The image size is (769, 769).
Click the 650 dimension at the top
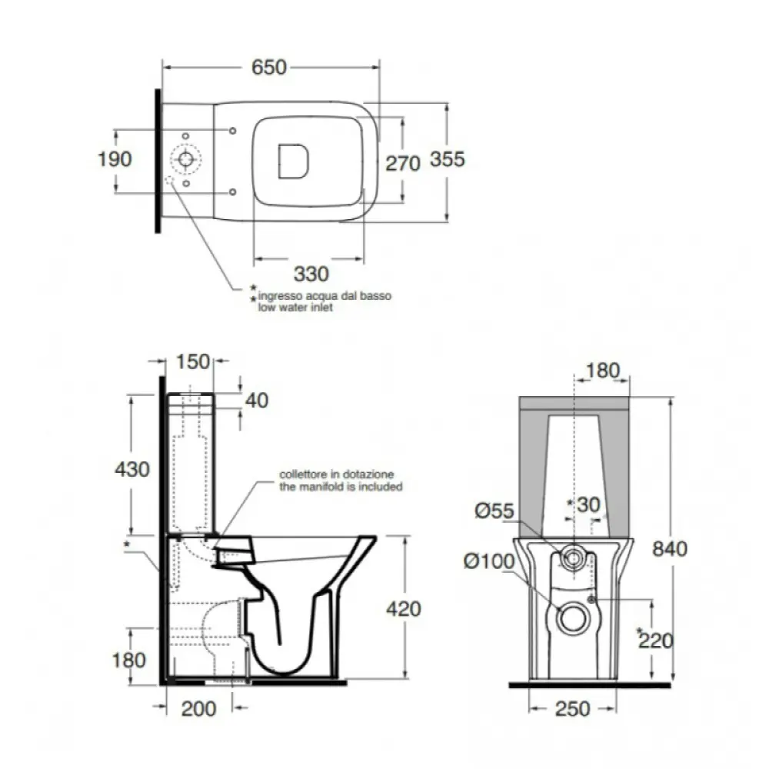(x=268, y=67)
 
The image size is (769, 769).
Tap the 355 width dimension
(x=448, y=159)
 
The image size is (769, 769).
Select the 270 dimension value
(x=403, y=164)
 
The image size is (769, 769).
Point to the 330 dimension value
(x=311, y=274)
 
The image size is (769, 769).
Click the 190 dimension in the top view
(x=115, y=159)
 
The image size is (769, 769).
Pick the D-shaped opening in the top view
(x=293, y=161)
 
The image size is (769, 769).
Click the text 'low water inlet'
(x=295, y=308)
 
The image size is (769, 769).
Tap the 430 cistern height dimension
(x=132, y=469)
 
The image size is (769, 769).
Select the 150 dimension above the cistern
(x=193, y=362)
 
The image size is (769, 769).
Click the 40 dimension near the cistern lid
(x=257, y=401)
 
